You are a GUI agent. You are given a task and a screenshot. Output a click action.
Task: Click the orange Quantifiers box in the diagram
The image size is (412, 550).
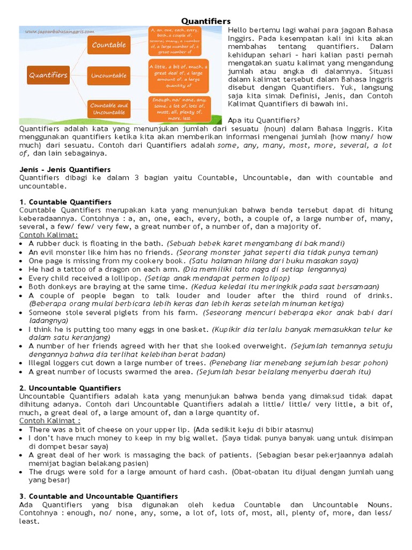48,75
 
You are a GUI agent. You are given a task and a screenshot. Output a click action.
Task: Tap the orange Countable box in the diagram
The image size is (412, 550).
109,45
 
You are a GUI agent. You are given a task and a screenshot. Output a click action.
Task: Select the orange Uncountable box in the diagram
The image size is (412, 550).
109,75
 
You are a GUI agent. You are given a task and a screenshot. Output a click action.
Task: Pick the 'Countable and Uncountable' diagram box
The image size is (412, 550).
109,108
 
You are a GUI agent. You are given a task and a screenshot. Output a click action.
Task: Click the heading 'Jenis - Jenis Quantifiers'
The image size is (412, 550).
65,170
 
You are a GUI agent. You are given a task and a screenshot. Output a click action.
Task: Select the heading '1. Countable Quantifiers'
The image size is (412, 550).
65,202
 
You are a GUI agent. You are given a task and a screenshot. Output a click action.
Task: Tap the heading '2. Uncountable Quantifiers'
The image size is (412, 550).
70,388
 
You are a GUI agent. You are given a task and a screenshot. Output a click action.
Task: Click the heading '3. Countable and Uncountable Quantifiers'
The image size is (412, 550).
99,496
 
